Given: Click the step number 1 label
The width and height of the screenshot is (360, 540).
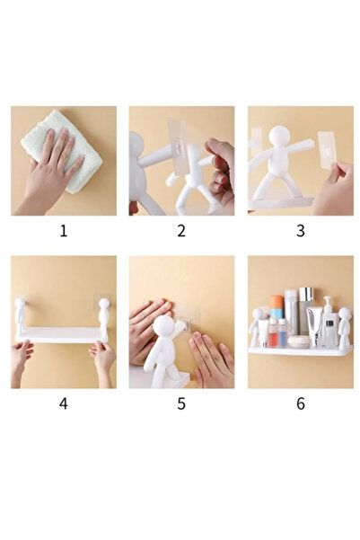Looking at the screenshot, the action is pyautogui.click(x=64, y=231).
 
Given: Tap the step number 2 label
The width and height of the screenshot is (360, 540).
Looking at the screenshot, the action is pyautogui.click(x=181, y=231).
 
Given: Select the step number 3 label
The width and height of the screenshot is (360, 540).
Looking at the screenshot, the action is pyautogui.click(x=301, y=231).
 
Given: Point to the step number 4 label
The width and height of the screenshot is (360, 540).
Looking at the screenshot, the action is pyautogui.click(x=64, y=403).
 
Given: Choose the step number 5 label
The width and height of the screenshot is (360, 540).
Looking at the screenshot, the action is pyautogui.click(x=181, y=403).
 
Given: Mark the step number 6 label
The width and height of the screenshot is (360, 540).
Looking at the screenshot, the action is pyautogui.click(x=301, y=403).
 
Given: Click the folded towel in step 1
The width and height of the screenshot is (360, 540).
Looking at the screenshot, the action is pyautogui.click(x=62, y=152).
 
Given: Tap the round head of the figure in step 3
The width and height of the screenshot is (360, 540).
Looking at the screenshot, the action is pyautogui.click(x=279, y=136).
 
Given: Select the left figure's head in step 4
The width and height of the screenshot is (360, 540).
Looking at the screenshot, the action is pyautogui.click(x=20, y=304).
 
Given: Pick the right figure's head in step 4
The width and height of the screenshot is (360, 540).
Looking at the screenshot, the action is pyautogui.click(x=104, y=304).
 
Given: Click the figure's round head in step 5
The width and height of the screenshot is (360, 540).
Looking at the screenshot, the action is pyautogui.click(x=163, y=326).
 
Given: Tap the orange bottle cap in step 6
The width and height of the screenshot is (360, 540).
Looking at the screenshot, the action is pyautogui.click(x=277, y=303).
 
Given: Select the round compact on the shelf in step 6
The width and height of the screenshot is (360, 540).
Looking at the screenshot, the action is pyautogui.click(x=297, y=341).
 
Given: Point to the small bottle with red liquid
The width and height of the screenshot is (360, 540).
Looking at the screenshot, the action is pyautogui.click(x=273, y=332).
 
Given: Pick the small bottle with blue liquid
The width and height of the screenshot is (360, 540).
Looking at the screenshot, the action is pyautogui.click(x=282, y=332).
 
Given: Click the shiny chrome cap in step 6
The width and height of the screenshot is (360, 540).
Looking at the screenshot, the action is pyautogui.click(x=306, y=294).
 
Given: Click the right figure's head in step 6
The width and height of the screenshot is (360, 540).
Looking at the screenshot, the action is pyautogui.click(x=344, y=314).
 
